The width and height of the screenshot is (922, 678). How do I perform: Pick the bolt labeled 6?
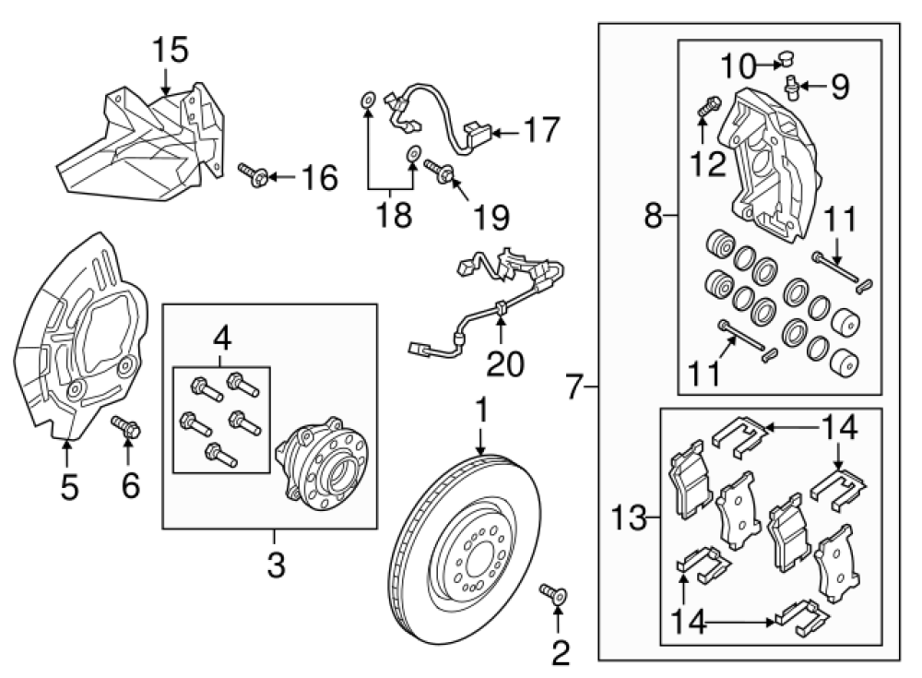click(126, 428)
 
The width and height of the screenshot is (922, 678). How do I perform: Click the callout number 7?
click(575, 385)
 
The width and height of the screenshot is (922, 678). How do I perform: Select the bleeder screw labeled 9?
click(790, 88)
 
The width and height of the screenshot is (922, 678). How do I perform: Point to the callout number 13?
click(631, 518)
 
